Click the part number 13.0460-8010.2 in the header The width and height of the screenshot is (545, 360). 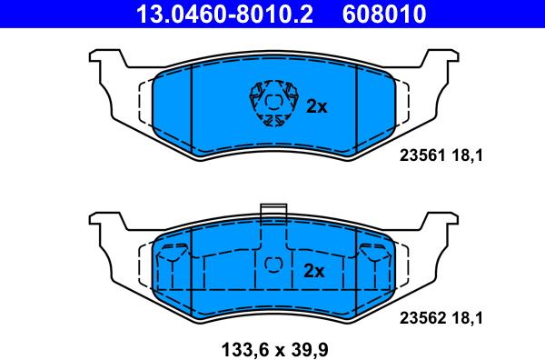point(224,14)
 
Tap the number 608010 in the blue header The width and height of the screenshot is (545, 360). point(384,14)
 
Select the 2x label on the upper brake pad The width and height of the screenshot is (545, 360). point(317,106)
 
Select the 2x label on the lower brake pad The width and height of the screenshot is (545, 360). point(314,271)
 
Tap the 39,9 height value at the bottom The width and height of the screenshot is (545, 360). point(310,349)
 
